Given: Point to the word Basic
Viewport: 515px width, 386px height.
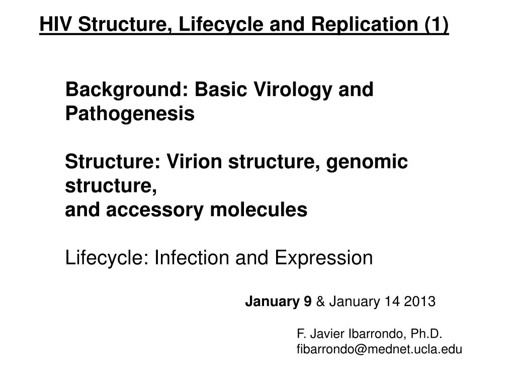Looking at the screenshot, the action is click(x=221, y=89).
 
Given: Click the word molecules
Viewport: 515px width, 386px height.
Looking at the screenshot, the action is click(x=259, y=210).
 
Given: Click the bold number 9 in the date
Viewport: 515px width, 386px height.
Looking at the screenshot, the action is click(x=307, y=302).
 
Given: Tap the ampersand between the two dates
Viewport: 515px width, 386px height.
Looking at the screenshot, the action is click(x=320, y=302).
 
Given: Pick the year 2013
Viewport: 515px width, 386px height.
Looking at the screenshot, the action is click(x=420, y=302).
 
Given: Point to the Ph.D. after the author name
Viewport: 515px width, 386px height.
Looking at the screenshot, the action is click(x=426, y=334).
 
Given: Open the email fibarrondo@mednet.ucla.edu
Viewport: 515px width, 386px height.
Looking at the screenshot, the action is click(x=379, y=349).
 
